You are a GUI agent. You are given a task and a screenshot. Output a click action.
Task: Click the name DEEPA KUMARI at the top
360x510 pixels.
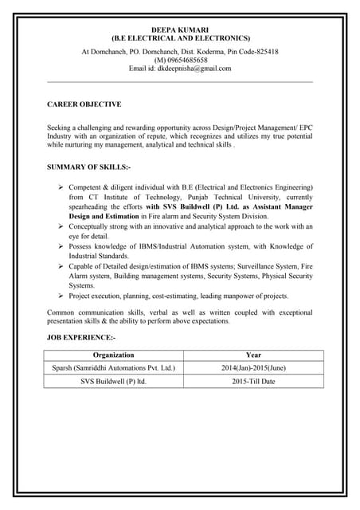[x=179, y=28]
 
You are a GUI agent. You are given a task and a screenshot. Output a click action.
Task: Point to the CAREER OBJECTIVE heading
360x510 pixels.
[x=84, y=104]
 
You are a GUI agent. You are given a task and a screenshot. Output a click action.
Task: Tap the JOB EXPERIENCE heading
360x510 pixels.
[x=81, y=339]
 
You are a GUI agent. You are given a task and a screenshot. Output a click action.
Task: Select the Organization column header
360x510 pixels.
[x=113, y=354]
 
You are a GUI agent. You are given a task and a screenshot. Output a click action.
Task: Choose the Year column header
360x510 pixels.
[x=253, y=354]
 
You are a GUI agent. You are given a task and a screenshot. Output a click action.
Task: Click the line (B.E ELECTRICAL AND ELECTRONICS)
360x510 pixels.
[x=180, y=37]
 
